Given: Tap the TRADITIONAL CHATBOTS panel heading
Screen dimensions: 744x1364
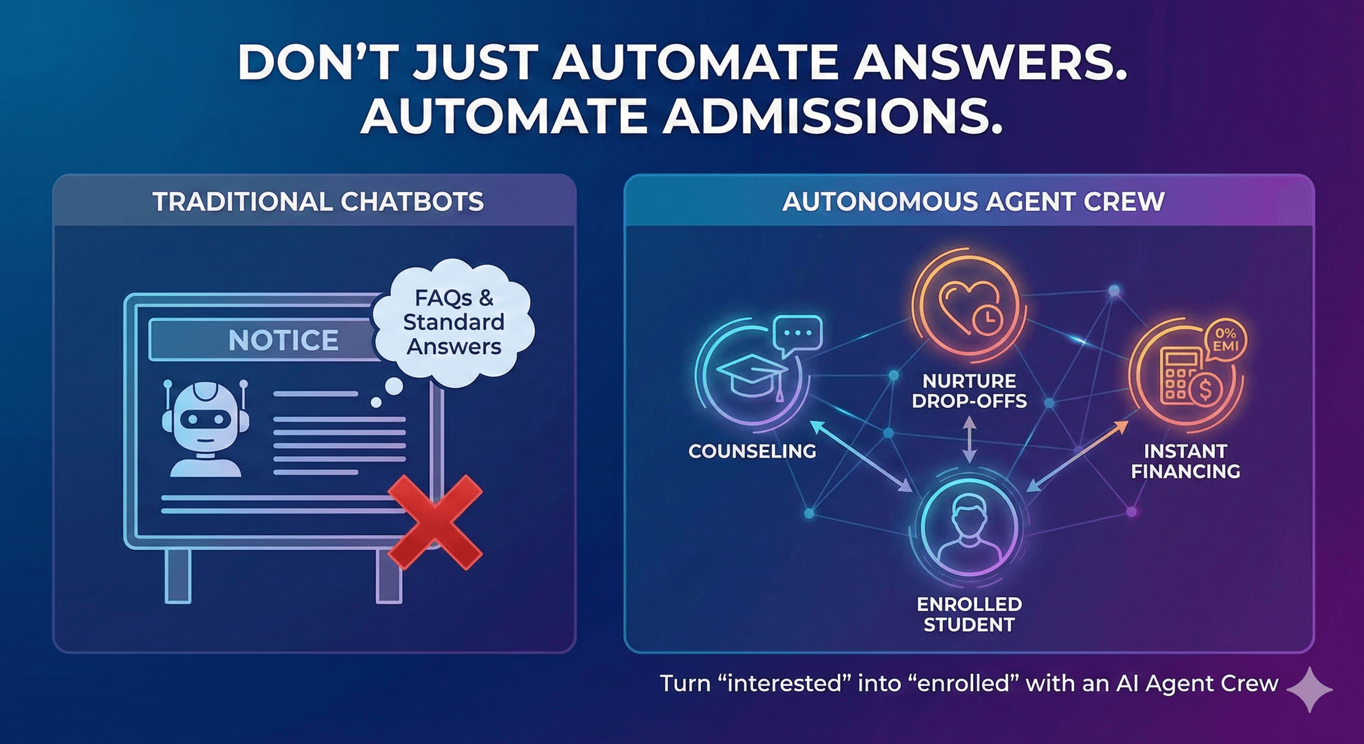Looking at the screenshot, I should point(318,202).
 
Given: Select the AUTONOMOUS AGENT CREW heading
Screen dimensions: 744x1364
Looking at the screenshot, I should point(973,202).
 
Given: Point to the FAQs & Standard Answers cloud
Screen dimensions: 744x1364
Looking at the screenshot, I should point(453,323).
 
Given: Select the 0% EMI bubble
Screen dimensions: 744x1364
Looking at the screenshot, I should point(1225,340).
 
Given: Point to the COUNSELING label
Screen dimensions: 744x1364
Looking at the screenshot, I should point(752,451).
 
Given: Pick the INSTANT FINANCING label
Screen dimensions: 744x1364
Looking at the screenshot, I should point(1186,461).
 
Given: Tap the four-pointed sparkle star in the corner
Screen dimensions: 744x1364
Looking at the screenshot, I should point(1309,689).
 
